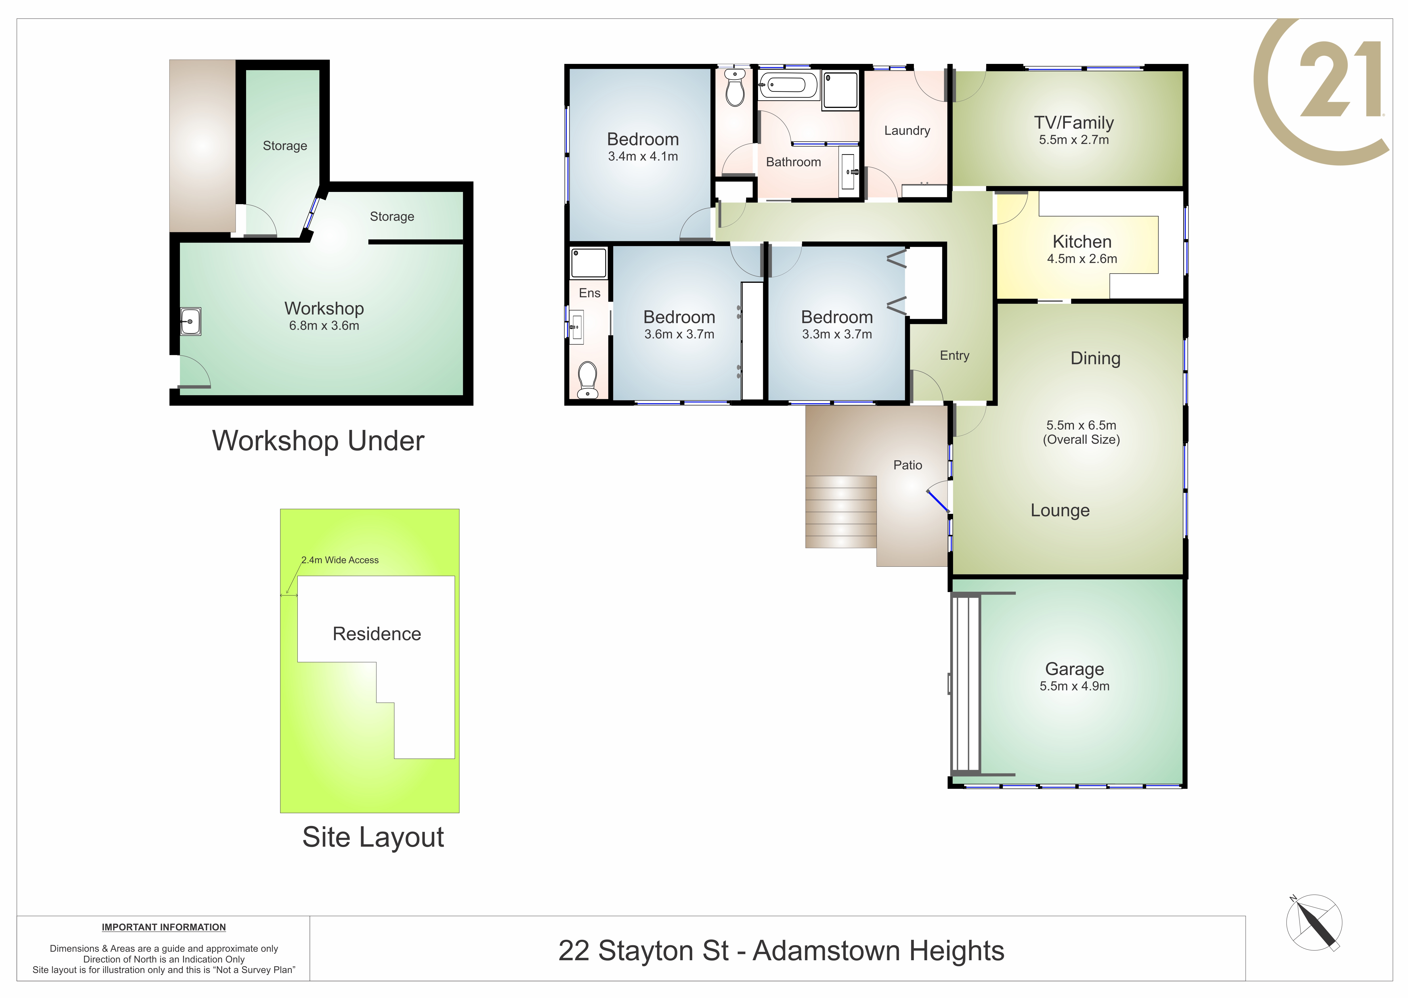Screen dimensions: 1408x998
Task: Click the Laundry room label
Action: point(907,130)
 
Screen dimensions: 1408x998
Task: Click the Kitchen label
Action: point(1082,242)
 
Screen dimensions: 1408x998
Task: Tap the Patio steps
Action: point(840,511)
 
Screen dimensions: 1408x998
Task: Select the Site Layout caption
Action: point(373,837)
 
